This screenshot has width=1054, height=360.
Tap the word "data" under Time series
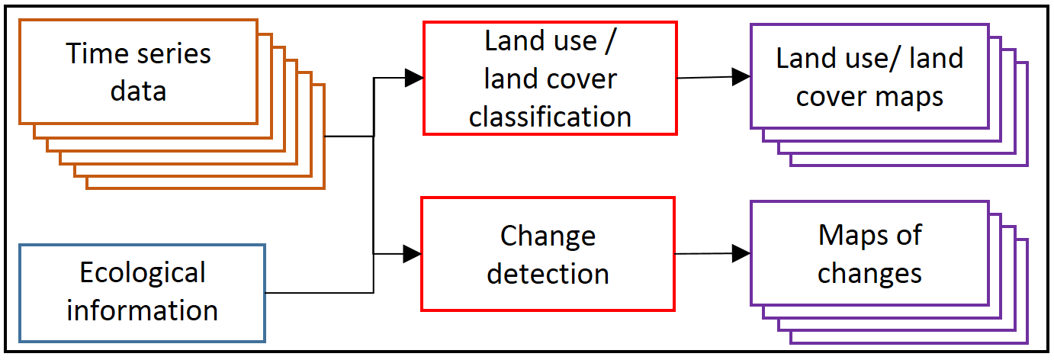coord(138,91)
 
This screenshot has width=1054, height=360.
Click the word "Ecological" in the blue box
coord(143,272)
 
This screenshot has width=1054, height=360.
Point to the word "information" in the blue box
coord(143,310)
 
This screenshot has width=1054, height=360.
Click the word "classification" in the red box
coord(550,116)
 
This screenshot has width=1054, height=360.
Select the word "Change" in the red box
coord(548,236)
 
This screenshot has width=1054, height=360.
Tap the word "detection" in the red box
coord(548,273)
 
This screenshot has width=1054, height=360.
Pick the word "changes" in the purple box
coord(869,273)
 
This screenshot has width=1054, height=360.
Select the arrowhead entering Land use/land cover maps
coord(741,76)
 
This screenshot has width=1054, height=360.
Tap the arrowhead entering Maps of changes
coord(741,253)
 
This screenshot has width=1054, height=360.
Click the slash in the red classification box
coord(609,41)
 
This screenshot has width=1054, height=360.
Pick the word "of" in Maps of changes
coord(907,236)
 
